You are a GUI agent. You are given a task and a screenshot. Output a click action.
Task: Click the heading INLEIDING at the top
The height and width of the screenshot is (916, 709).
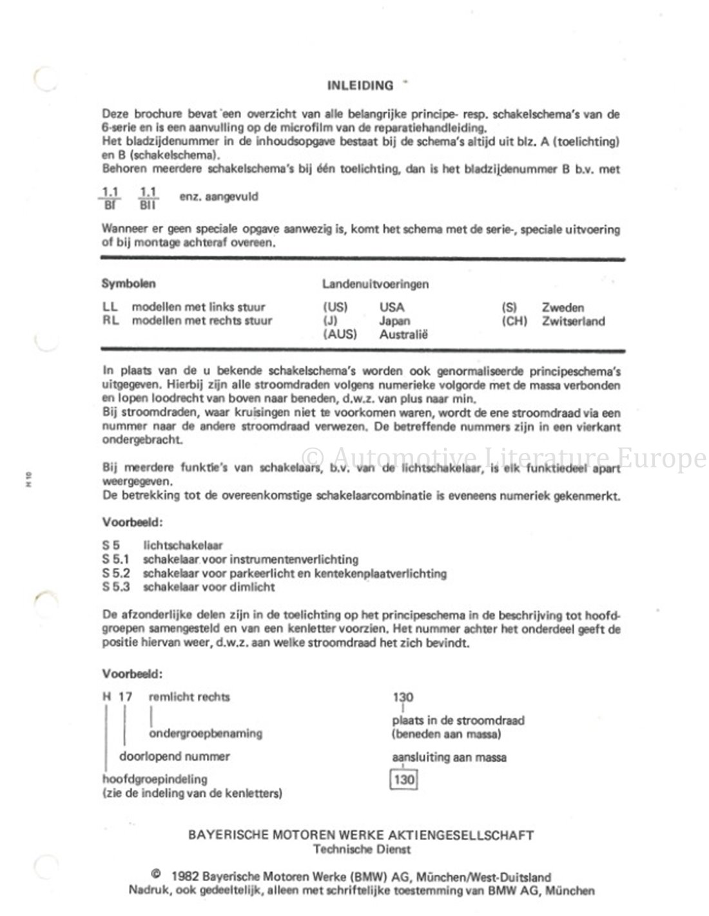click(360, 86)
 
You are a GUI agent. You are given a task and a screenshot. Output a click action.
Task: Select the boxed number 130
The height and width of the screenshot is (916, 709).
click(404, 780)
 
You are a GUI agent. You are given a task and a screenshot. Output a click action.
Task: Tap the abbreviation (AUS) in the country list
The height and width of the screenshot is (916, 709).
click(340, 334)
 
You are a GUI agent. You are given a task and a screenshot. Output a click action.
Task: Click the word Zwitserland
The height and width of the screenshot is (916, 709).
click(573, 321)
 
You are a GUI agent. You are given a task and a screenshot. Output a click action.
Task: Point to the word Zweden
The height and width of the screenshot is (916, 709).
click(563, 307)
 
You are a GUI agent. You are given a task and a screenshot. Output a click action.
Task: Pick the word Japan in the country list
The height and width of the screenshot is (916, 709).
click(394, 321)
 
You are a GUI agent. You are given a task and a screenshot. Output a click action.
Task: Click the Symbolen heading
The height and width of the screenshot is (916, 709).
click(128, 283)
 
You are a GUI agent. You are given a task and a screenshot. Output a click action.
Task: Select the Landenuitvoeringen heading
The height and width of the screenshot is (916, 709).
click(375, 283)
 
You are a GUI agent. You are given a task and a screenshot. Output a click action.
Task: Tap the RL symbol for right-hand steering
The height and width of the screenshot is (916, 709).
click(110, 321)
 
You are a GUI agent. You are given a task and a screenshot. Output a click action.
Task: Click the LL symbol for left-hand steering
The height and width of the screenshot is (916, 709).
click(110, 307)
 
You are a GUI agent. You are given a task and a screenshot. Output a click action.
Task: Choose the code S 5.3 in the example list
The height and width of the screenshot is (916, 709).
click(116, 587)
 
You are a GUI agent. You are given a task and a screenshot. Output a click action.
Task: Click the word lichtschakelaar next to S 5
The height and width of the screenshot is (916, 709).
click(183, 546)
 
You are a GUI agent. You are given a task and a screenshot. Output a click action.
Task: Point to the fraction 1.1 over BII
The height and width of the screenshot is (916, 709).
click(148, 198)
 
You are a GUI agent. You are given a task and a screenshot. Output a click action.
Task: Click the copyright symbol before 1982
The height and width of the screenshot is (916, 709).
click(155, 875)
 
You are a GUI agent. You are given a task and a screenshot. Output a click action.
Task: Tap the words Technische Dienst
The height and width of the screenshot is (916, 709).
click(361, 849)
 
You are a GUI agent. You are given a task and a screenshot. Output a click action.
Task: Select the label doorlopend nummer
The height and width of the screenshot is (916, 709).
click(174, 756)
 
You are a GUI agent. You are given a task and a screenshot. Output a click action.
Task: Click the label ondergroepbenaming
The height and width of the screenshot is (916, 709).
click(206, 733)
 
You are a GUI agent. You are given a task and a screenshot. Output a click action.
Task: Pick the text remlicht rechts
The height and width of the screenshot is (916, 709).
click(189, 696)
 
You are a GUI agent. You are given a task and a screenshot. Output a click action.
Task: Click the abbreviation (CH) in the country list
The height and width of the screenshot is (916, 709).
click(514, 321)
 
